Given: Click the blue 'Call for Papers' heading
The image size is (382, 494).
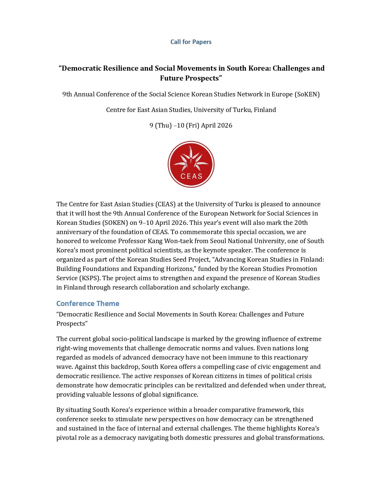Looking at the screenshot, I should click(x=191, y=42).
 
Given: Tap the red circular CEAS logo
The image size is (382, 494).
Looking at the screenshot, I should click(x=191, y=164).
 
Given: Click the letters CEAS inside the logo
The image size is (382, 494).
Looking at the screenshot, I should click(x=191, y=176).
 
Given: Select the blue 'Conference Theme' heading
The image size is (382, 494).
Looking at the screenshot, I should click(x=88, y=304).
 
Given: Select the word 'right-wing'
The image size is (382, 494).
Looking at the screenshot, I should click(x=71, y=348).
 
